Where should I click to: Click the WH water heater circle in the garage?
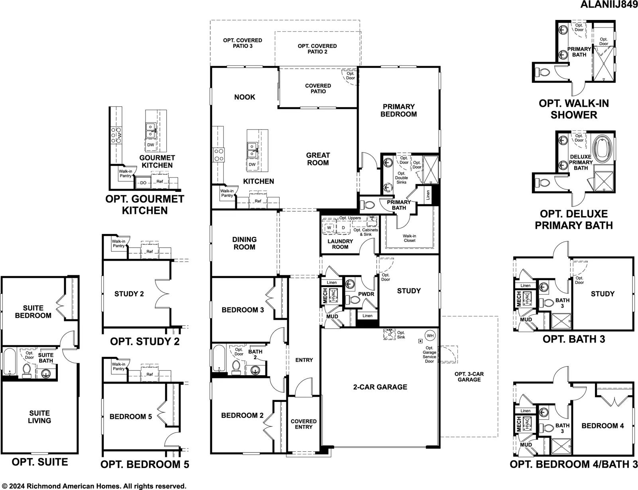tap(430, 336)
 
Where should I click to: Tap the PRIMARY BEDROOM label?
tap(398, 110)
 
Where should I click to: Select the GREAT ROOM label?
tap(318, 159)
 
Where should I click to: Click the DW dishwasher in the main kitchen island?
tap(252, 164)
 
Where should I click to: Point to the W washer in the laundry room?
tap(329, 228)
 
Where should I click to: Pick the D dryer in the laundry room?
tap(343, 228)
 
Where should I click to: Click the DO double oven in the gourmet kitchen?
tap(143, 183)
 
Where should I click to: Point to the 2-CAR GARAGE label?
tap(380, 387)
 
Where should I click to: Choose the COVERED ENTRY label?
tap(303, 424)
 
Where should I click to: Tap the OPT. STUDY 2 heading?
tap(145, 341)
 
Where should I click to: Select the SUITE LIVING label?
tap(39, 417)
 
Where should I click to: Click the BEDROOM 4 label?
tap(603, 426)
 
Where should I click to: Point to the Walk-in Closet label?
tap(409, 238)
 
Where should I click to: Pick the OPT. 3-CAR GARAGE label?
tap(469, 377)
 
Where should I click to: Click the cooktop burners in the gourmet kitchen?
tap(116, 135)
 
